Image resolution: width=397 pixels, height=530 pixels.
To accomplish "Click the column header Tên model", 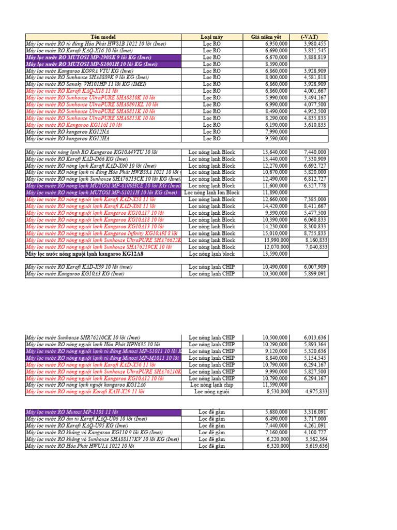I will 103,37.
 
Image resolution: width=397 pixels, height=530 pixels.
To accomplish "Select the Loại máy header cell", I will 211,37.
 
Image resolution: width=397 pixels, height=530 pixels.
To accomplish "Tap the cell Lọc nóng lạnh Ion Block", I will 211,193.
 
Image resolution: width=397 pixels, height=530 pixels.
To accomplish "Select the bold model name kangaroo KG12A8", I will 85,254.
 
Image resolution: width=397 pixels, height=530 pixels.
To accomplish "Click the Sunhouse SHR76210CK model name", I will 83,337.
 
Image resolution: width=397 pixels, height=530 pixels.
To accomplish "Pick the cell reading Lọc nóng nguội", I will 211,392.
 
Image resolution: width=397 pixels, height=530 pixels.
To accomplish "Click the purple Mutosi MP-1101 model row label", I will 72,412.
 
